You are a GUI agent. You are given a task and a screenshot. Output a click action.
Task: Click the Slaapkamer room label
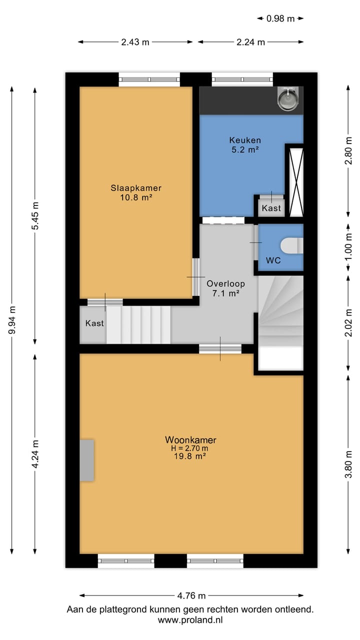click(136, 188)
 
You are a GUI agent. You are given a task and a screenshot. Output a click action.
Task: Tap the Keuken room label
click(245, 140)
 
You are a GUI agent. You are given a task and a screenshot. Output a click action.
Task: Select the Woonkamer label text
click(190, 440)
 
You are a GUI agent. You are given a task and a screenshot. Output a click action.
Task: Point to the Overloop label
click(225, 283)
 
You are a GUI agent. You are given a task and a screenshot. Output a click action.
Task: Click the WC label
click(272, 260)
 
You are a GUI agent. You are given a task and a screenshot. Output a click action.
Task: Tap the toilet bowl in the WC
click(291, 245)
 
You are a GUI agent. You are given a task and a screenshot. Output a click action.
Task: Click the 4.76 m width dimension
click(191, 595)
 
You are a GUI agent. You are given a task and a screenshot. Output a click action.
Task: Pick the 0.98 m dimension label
click(280, 18)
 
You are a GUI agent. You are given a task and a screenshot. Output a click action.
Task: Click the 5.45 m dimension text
click(34, 215)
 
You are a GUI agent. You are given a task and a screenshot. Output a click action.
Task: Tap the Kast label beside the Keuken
click(271, 208)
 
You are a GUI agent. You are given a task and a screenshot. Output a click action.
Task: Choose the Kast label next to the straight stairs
click(94, 323)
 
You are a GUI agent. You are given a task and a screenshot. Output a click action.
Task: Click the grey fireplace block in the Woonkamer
click(87, 460)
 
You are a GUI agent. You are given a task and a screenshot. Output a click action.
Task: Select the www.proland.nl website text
click(190, 620)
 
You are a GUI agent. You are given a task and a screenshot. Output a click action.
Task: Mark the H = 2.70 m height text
click(190, 448)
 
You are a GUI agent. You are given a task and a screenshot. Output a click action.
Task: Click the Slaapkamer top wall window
click(149, 79)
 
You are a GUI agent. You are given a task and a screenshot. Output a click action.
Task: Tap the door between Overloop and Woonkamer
click(220, 348)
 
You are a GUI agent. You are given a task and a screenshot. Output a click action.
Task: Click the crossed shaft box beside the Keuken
click(294, 180)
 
